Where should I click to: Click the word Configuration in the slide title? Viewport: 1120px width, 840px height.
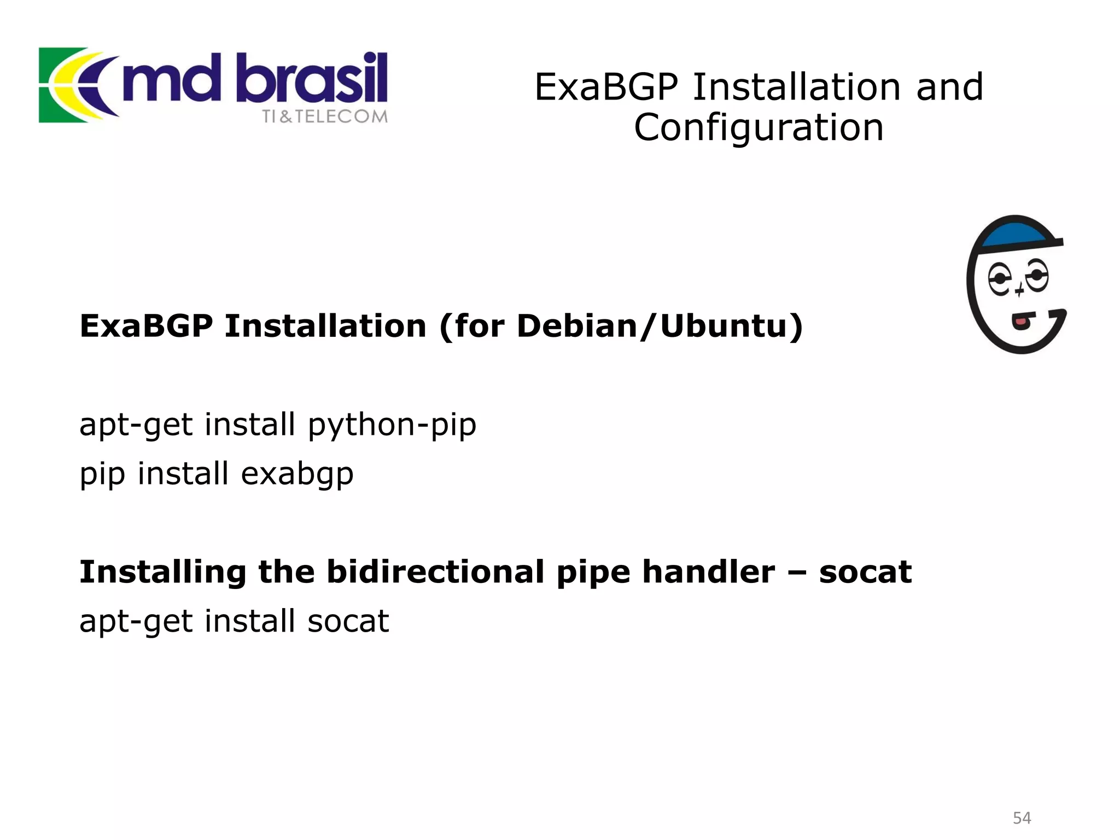pyautogui.click(x=759, y=128)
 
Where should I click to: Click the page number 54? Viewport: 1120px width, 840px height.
pyautogui.click(x=1022, y=818)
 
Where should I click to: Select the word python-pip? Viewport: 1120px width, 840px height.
pyautogui.click(x=392, y=425)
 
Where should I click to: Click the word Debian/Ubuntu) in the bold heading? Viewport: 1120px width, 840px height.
pyautogui.click(x=660, y=326)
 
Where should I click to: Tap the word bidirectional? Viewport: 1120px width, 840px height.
pyautogui.click(x=435, y=572)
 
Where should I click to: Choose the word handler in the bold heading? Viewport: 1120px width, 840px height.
pyautogui.click(x=708, y=572)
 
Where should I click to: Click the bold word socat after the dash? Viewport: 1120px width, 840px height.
pyautogui.click(x=865, y=572)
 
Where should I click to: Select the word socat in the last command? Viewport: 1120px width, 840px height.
pyautogui.click(x=348, y=621)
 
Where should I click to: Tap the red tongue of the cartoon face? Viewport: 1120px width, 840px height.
pyautogui.click(x=1020, y=321)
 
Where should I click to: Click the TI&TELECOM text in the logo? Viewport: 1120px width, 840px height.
pyautogui.click(x=324, y=116)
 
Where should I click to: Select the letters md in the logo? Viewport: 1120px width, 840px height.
pyautogui.click(x=171, y=81)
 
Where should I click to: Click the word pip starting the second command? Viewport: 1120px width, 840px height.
pyautogui.click(x=102, y=474)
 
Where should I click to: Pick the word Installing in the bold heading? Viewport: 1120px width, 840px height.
pyautogui.click(x=163, y=572)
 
